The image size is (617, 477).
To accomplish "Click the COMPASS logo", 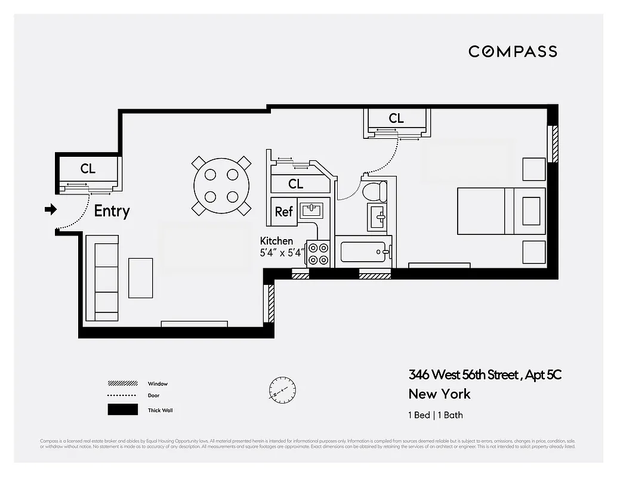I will (x=513, y=51).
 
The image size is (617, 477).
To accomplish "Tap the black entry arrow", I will (x=51, y=209).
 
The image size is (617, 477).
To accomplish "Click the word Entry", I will (x=112, y=211).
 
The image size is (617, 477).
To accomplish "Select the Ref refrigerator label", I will (x=283, y=212).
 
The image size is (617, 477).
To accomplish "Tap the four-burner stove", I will (x=318, y=253).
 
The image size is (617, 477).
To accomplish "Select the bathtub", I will (x=363, y=252).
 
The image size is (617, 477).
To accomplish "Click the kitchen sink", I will (x=311, y=210).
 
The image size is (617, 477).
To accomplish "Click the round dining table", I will (x=221, y=185).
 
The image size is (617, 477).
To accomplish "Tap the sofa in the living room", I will (x=103, y=278).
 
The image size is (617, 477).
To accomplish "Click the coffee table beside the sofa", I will (x=141, y=278).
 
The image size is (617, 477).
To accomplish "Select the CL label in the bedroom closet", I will (x=396, y=119).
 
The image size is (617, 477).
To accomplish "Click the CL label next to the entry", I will (x=88, y=169).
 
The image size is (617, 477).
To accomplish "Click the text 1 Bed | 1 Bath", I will (x=435, y=415).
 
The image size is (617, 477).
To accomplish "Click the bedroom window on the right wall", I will (x=553, y=144).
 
